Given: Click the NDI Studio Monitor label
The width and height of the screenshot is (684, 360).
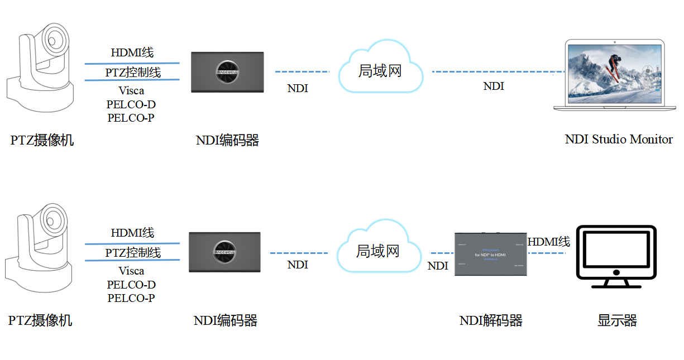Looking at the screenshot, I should click(x=619, y=140).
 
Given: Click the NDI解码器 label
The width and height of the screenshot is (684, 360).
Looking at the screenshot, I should click(x=491, y=320).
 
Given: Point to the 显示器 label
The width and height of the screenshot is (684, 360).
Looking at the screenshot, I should click(x=617, y=320).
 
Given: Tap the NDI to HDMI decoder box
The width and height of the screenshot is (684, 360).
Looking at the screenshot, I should click(x=490, y=253).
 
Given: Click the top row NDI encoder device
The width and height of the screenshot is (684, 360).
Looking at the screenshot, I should click(x=228, y=72).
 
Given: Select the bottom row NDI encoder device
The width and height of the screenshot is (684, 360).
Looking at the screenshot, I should click(x=225, y=252).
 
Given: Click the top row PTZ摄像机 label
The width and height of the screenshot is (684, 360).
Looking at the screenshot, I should click(x=42, y=140).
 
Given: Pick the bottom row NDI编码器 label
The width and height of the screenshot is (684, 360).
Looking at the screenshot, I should click(x=226, y=320).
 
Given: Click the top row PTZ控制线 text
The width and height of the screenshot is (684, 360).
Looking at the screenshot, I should click(x=133, y=73).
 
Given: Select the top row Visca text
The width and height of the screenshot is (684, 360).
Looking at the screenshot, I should click(x=131, y=90).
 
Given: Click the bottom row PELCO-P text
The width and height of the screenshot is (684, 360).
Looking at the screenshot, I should click(x=131, y=298).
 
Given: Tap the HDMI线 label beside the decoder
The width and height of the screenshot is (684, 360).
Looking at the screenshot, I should click(x=548, y=242).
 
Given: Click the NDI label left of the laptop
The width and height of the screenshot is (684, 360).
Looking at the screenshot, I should click(x=494, y=87).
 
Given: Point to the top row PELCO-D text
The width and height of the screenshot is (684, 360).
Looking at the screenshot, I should click(x=131, y=104).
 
